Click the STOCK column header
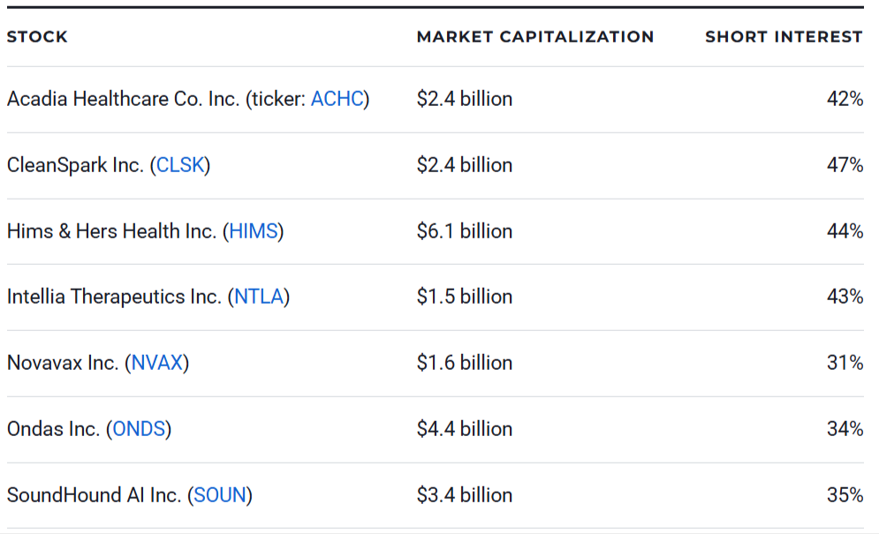coord(37,37)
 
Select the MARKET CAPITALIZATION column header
coord(535,37)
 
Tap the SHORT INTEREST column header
coord(784,37)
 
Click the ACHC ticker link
coord(337,99)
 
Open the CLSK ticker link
coord(180,165)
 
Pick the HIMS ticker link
coord(254,231)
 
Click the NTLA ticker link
coord(259,297)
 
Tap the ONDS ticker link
coord(139,429)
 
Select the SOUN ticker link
coord(220,495)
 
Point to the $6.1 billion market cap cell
coord(465,231)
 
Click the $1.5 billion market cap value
coord(465,297)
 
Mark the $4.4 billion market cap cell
coord(465,429)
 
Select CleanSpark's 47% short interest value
coord(845,165)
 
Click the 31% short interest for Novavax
coord(845,363)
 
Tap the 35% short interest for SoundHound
coord(845,495)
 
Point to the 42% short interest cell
coord(845,99)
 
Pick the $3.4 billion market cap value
coord(465,495)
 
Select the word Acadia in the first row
coord(36,99)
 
